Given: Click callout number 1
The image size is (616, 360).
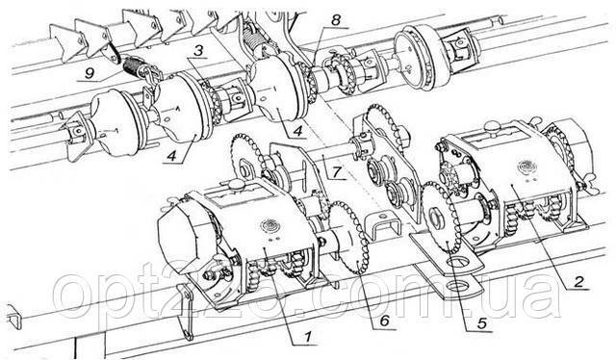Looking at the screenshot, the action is coord(308,336).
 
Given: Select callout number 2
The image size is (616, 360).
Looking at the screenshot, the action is coord(577,281).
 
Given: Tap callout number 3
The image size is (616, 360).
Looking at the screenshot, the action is coord(198,51).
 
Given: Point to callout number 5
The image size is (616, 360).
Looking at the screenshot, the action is coord(481,323).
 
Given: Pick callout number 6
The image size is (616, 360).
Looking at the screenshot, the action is coord(384,321).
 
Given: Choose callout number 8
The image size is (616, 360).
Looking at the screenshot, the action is coord(336,20).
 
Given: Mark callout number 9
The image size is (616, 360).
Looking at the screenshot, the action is coord(90,73).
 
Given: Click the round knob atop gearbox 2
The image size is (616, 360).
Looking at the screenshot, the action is coord(491,126).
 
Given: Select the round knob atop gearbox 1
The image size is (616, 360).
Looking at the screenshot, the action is coord(237,185).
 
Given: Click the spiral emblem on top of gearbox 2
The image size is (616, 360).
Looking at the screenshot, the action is coord(526,166).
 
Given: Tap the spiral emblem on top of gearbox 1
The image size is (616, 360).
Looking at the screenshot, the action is coord(269,225).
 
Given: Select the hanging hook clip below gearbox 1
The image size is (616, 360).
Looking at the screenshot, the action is coord(185,312).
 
